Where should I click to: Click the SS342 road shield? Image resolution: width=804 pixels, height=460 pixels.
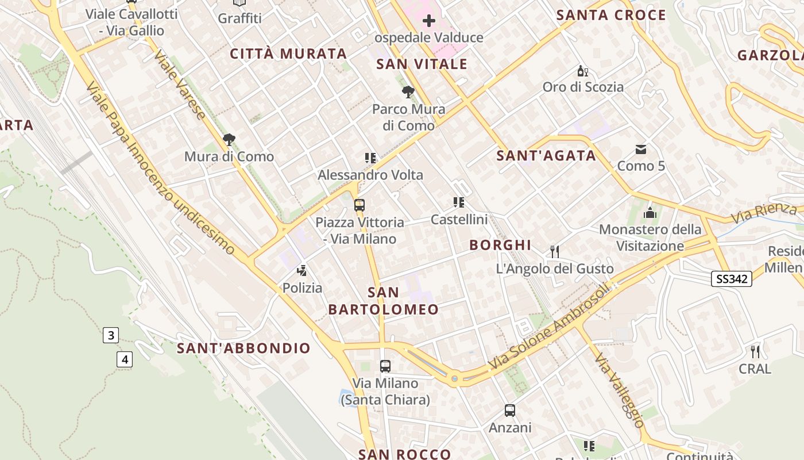coord(732,279)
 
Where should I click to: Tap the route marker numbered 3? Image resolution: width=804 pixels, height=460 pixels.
coord(111,335)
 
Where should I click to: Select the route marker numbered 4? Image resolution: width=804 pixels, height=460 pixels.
coord(124,360)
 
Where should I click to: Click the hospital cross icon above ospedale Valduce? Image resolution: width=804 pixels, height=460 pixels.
coord(429,21)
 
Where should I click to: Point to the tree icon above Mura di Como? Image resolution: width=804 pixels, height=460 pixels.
coord(229,139)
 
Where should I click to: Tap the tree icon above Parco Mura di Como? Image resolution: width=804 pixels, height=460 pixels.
coord(408,91)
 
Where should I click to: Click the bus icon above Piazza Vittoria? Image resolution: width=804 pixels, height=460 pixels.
coord(360,205)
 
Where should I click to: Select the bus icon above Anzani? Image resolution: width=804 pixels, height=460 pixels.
coord(510,411)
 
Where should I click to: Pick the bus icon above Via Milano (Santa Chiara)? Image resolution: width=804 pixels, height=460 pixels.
coord(385,366)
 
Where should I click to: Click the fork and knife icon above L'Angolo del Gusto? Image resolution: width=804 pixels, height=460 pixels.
coord(555,251)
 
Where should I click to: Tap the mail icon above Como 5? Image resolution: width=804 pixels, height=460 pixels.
coord(641,149)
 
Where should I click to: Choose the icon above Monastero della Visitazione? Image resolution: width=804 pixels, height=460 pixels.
coord(650,213)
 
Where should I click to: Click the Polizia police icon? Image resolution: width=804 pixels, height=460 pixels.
coord(302,270)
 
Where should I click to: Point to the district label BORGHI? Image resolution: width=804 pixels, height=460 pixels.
coord(500,245)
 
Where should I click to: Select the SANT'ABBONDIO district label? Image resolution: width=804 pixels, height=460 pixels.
coord(243,348)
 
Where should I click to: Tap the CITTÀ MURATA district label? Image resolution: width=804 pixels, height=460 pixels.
coord(288,54)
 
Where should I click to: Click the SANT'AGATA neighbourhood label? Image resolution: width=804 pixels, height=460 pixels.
coord(546,155)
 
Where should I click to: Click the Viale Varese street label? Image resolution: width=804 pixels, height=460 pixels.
coord(180,84)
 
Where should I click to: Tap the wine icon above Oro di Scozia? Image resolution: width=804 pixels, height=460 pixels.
coord(583,71)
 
